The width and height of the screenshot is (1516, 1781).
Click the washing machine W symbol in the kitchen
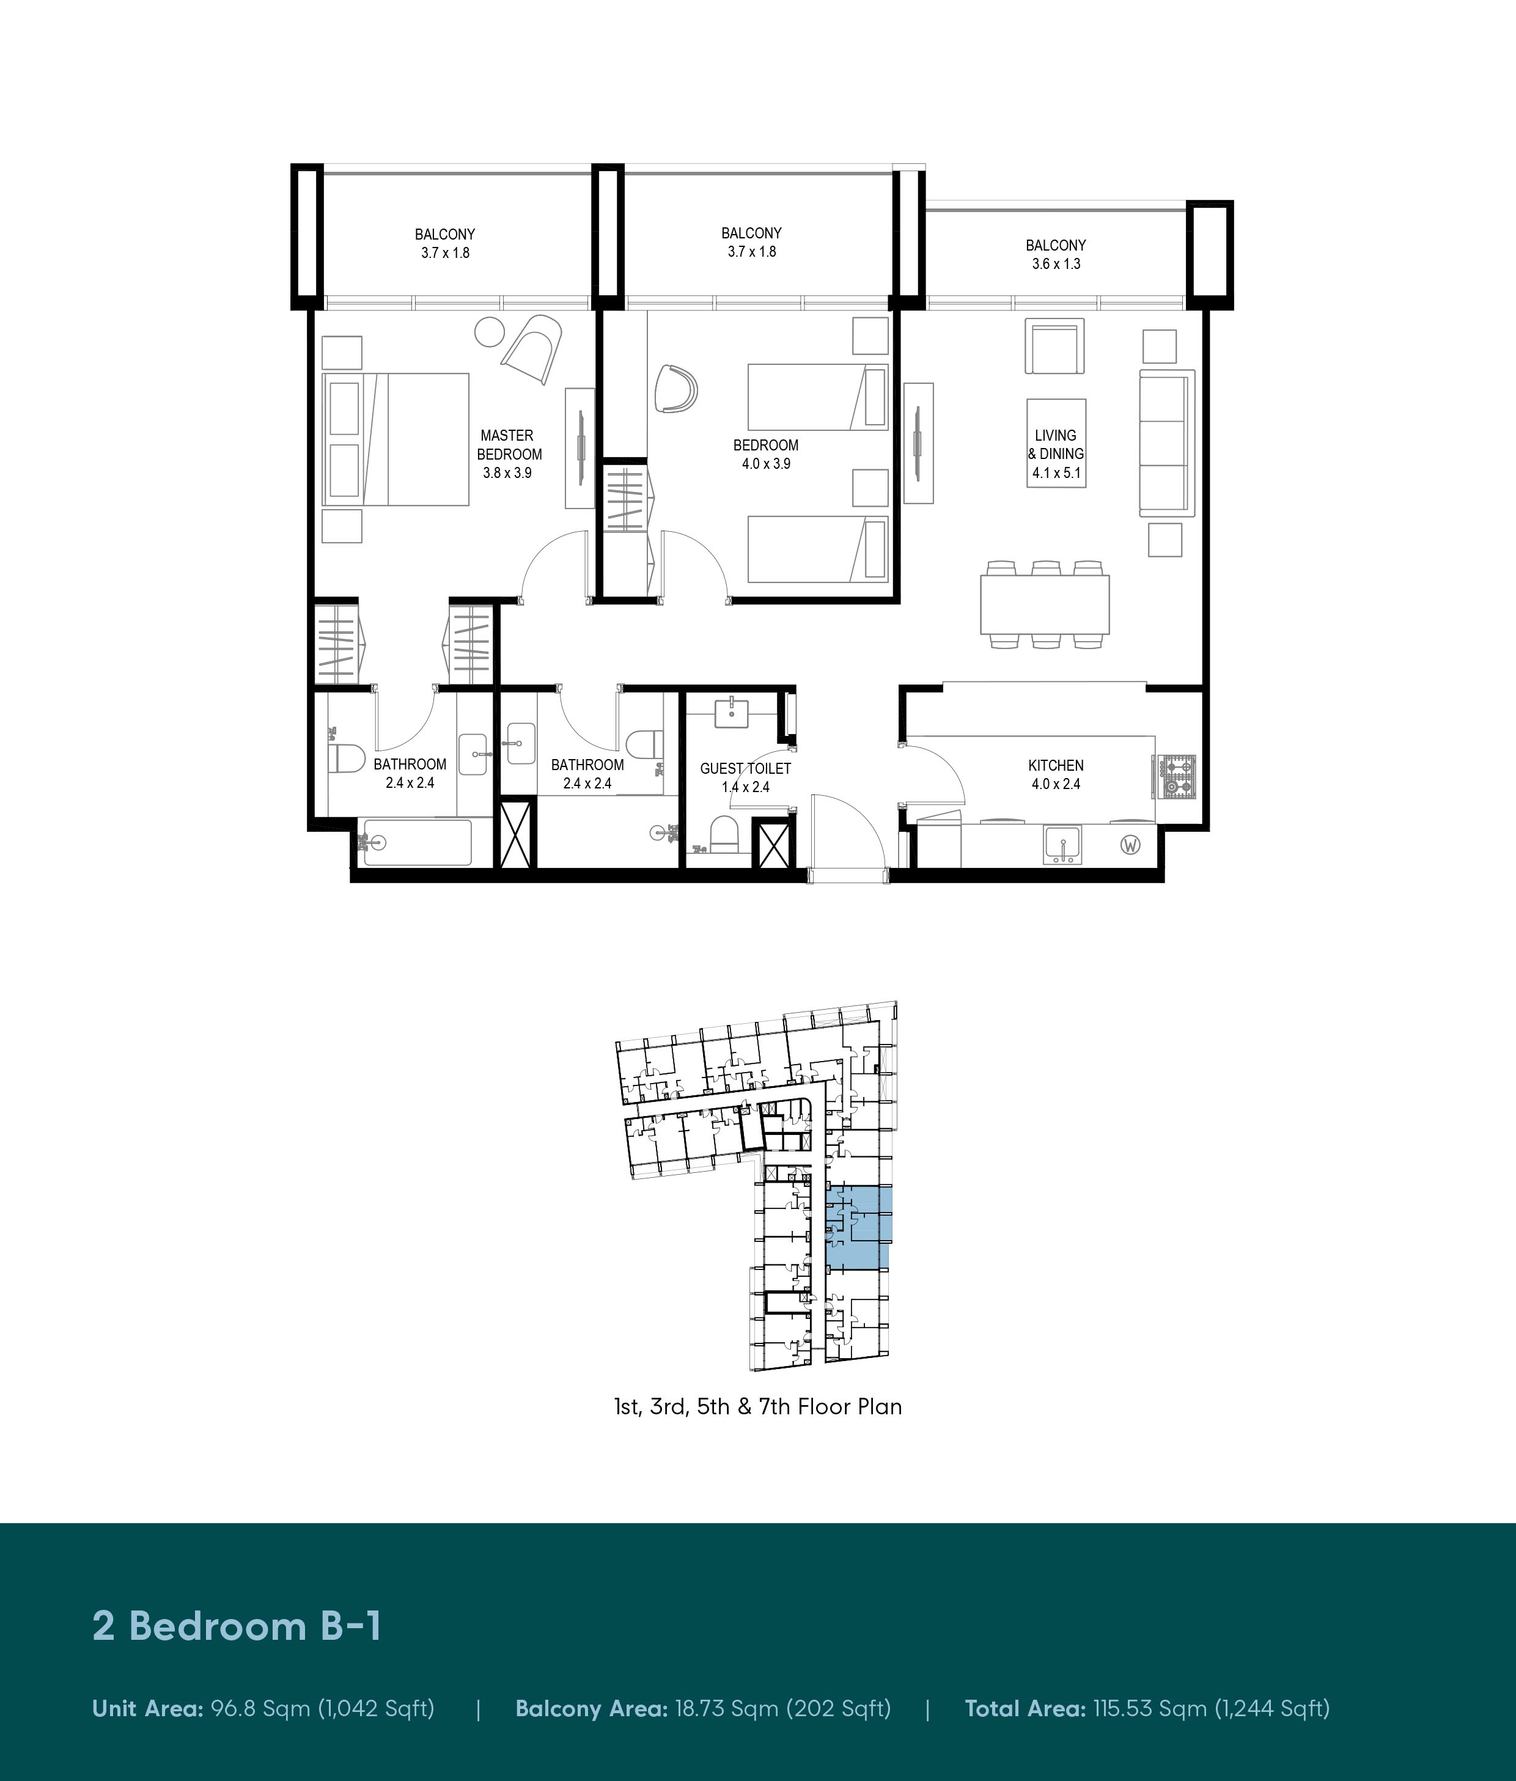tap(1131, 845)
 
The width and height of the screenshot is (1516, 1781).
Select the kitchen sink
tap(1064, 845)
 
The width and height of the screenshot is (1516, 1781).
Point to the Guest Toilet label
tap(745, 768)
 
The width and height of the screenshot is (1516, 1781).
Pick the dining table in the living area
tap(1044, 604)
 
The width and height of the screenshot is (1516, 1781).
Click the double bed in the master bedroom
tap(396, 439)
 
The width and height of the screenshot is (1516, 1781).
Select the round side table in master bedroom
tap(491, 332)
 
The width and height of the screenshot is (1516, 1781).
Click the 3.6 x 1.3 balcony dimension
tap(1056, 264)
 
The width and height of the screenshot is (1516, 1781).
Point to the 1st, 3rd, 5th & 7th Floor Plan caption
tap(758, 1406)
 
